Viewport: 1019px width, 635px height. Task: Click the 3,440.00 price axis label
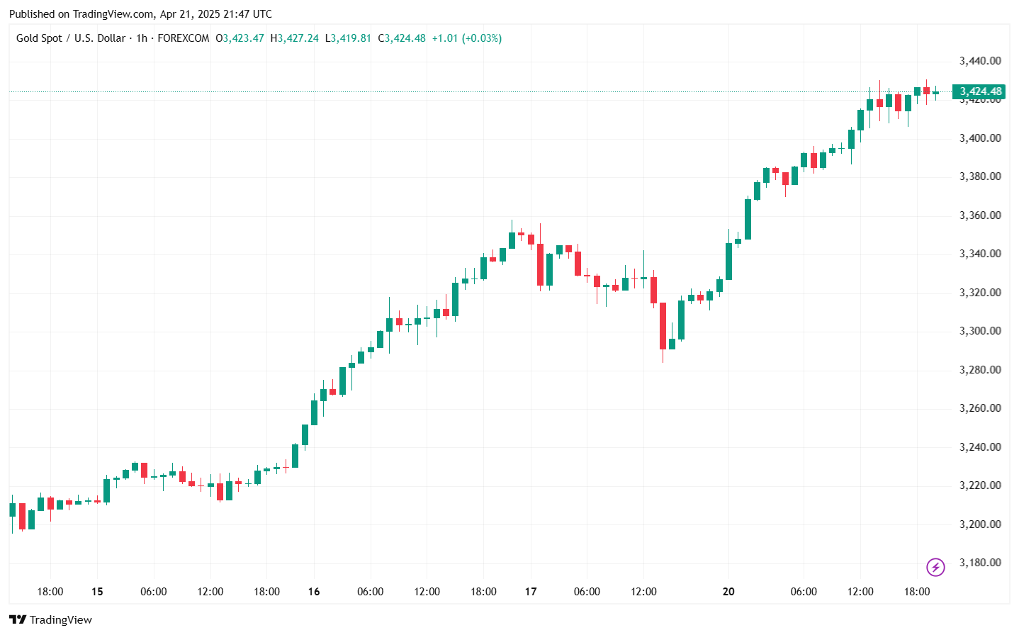click(x=980, y=61)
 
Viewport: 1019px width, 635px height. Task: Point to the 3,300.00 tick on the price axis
click(x=980, y=331)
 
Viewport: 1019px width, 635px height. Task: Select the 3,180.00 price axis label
click(x=980, y=563)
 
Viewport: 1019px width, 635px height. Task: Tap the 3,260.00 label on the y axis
click(x=980, y=408)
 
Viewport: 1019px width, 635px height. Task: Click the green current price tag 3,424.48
click(x=980, y=91)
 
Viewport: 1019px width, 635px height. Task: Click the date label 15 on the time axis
click(x=97, y=592)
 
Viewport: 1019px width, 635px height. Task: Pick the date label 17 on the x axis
click(x=531, y=592)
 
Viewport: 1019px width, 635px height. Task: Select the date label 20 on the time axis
click(x=728, y=592)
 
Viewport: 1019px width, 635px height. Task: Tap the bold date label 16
click(x=314, y=592)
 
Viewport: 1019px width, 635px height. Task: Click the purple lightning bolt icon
click(x=935, y=567)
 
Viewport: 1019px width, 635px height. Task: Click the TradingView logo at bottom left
click(x=51, y=620)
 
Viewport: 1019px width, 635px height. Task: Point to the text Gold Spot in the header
click(x=39, y=38)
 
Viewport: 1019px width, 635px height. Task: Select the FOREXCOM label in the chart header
click(x=184, y=38)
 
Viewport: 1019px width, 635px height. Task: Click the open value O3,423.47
click(x=240, y=38)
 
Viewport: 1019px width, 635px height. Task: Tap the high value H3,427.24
click(x=295, y=38)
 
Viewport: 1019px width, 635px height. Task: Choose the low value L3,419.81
click(x=348, y=38)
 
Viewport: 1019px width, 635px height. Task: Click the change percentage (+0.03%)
click(x=482, y=38)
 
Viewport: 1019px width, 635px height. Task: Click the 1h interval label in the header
click(x=142, y=38)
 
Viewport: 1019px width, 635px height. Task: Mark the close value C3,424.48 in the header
click(x=402, y=38)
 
